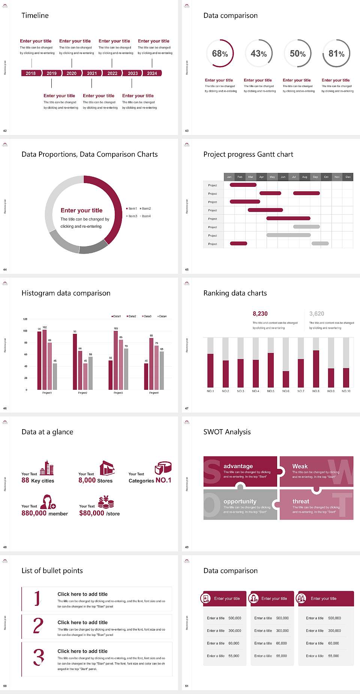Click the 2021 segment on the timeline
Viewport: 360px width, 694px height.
click(92, 73)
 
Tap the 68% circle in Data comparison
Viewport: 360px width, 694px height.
click(220, 54)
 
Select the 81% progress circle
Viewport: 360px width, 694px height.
click(336, 54)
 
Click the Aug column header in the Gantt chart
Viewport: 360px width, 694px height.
click(304, 177)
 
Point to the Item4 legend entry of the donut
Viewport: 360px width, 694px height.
click(145, 216)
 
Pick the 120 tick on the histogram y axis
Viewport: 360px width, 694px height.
click(25, 319)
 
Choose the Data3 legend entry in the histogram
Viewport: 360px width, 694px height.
click(147, 316)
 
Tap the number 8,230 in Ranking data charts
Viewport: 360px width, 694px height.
click(260, 314)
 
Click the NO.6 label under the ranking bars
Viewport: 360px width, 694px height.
click(286, 391)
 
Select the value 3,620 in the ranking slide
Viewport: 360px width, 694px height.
click(317, 314)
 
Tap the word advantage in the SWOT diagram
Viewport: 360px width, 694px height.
click(238, 466)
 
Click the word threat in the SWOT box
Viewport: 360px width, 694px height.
click(301, 501)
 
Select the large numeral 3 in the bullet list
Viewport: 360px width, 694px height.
click(39, 657)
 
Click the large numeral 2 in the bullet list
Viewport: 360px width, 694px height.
click(38, 626)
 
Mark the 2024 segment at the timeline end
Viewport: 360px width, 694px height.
click(152, 73)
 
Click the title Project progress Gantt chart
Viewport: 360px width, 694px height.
click(248, 154)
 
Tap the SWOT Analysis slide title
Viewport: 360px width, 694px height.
click(227, 432)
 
